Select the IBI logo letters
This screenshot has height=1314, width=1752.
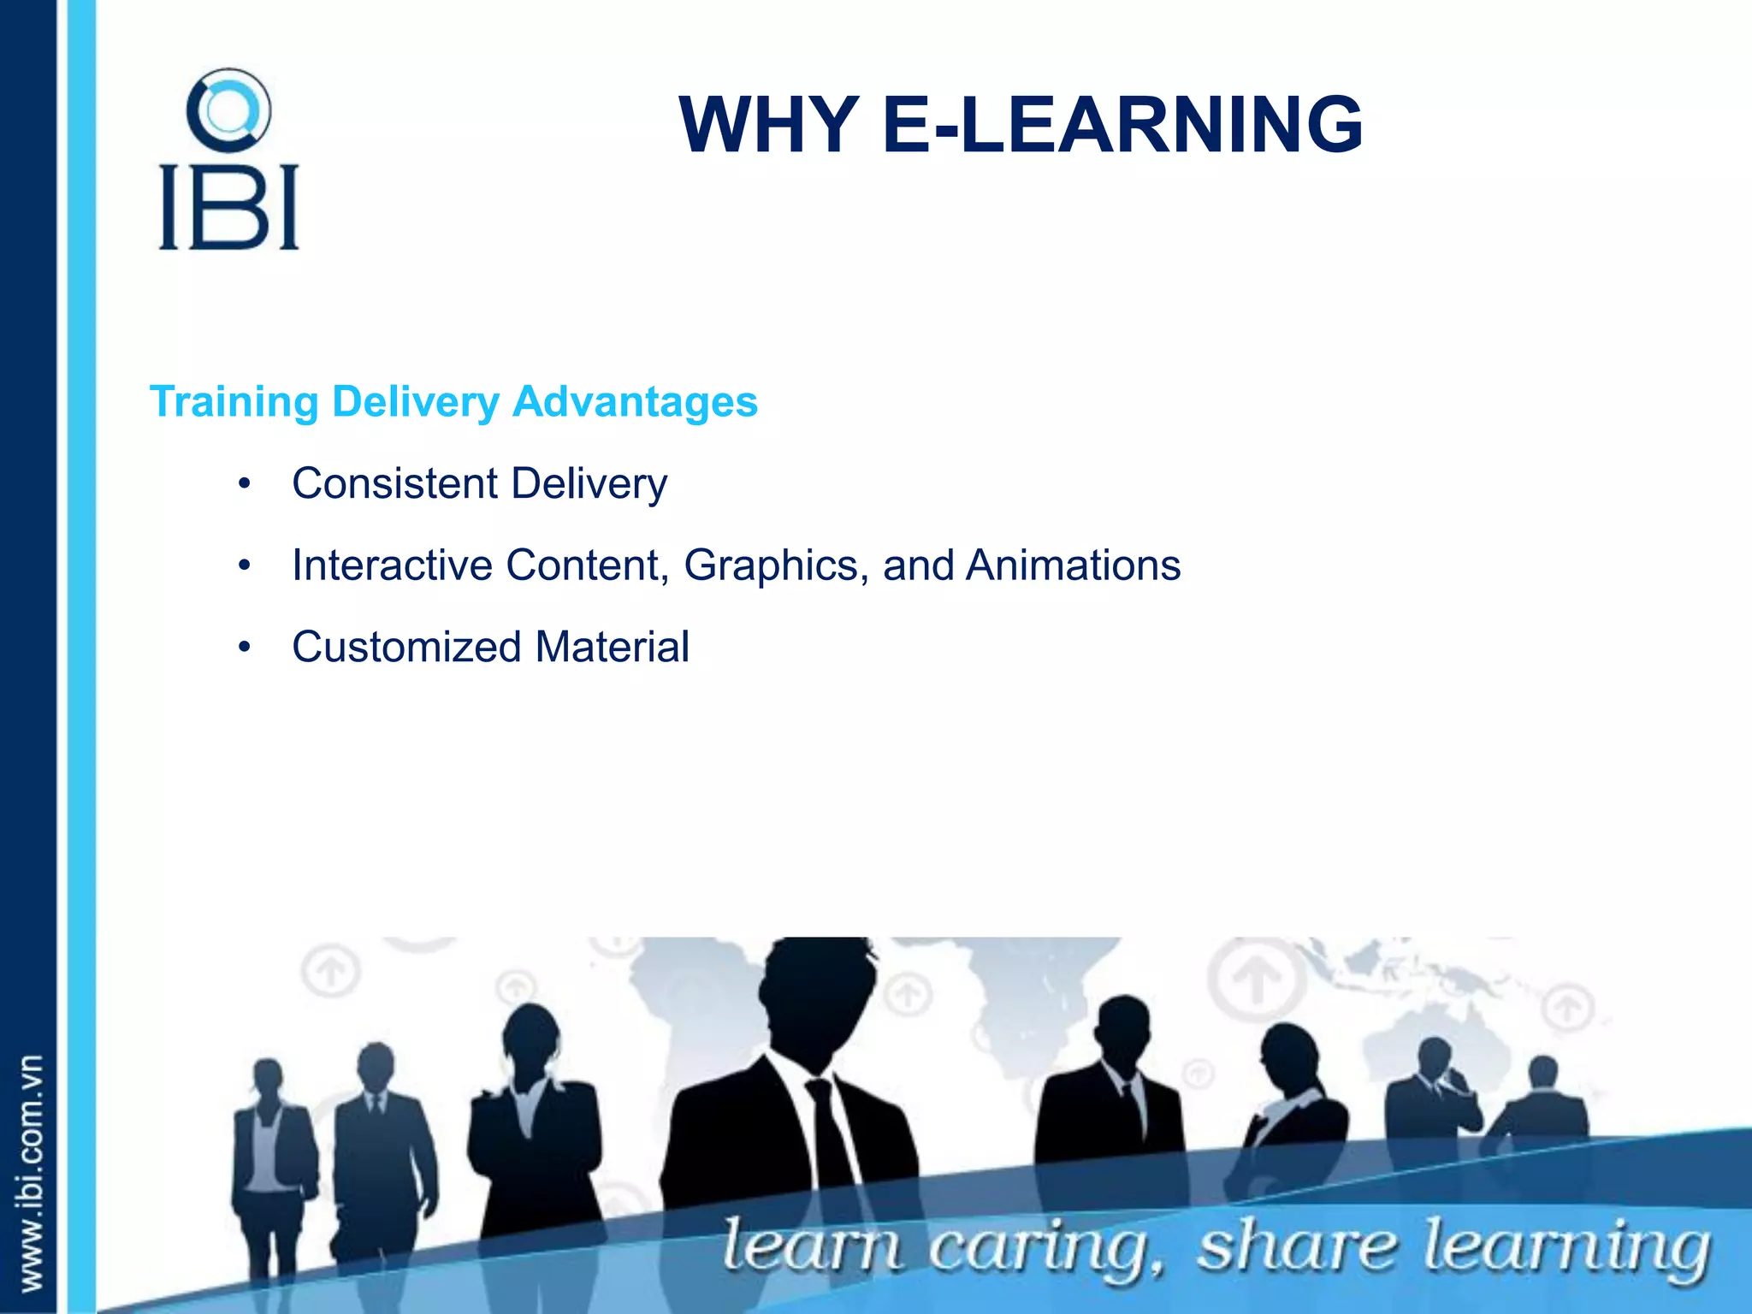tap(228, 207)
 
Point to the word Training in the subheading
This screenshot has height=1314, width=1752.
tap(234, 402)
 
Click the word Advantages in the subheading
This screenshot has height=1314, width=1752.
tap(635, 402)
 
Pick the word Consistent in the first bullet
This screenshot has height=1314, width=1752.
tap(394, 483)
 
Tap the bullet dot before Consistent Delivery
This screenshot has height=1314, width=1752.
tap(245, 485)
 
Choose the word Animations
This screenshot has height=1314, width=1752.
tap(1073, 565)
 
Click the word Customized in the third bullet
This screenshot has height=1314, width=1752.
tap(405, 647)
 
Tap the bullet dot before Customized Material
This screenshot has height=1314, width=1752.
tap(245, 648)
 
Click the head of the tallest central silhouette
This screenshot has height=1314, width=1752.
tap(817, 992)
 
